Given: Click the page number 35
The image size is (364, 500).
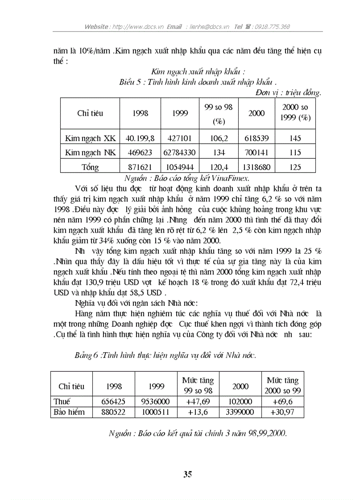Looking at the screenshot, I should [187, 474].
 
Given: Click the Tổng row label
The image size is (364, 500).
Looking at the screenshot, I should [90, 167].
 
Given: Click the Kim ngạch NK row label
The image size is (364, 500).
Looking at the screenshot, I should [90, 153].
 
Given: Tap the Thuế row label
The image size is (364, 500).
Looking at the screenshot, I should [62, 401].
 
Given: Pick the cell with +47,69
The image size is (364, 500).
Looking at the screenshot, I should [198, 401].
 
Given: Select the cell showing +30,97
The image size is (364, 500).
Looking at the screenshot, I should [282, 412].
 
